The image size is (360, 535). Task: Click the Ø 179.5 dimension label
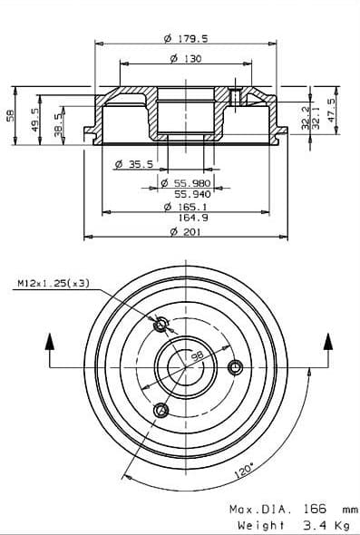pyautogui.click(x=186, y=39)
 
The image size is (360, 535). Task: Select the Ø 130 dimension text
pyautogui.click(x=186, y=59)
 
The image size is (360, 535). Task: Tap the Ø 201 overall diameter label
pyautogui.click(x=186, y=232)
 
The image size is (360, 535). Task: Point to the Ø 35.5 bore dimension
pyautogui.click(x=134, y=164)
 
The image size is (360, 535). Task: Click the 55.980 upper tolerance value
pyautogui.click(x=192, y=183)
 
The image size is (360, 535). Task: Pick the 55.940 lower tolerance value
pyautogui.click(x=193, y=194)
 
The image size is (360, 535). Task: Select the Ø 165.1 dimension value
pyautogui.click(x=186, y=207)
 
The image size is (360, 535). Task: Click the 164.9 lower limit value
pyautogui.click(x=193, y=218)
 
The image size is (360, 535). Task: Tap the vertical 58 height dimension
pyautogui.click(x=10, y=116)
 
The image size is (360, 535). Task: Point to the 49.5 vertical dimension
pyautogui.click(x=35, y=120)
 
